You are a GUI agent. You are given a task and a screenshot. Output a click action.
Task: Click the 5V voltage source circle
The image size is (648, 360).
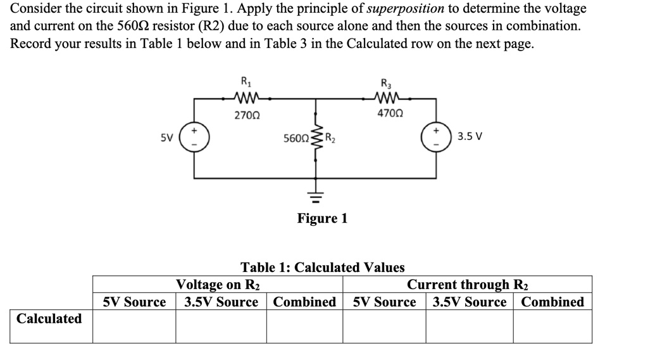click(x=194, y=136)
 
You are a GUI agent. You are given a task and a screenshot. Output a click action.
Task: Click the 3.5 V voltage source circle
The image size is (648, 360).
click(x=437, y=136)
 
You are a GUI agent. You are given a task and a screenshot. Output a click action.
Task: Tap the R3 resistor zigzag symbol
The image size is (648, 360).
click(x=385, y=97)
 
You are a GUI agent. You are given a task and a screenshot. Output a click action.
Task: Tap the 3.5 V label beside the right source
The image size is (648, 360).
click(x=470, y=136)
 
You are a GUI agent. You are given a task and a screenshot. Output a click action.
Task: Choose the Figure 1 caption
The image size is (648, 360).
click(x=322, y=219)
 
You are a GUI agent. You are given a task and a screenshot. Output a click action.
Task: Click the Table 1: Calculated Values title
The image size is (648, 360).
click(x=323, y=268)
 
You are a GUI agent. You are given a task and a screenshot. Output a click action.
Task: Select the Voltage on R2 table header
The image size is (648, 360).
click(x=218, y=285)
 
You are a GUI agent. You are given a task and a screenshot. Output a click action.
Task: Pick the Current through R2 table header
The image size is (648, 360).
click(x=468, y=285)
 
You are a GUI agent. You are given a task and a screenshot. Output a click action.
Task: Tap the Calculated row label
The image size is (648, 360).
click(x=49, y=318)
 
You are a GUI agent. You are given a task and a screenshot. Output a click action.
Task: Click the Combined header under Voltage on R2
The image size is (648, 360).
click(x=304, y=302)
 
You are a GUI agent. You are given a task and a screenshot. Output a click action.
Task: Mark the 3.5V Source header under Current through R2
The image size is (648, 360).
click(x=470, y=302)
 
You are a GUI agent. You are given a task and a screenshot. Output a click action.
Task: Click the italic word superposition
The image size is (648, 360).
click(x=406, y=9)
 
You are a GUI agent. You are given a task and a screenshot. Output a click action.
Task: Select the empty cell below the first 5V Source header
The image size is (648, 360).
click(x=134, y=326)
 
